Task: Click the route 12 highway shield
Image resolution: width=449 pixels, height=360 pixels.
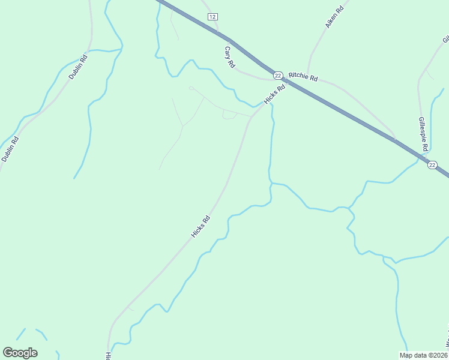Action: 212,17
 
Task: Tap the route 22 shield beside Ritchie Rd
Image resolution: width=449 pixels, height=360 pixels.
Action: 277,75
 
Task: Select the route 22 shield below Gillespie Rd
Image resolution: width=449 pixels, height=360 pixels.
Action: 432,164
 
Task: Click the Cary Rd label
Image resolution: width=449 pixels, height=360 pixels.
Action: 229,57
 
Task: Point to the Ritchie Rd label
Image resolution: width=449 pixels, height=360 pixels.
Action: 303,76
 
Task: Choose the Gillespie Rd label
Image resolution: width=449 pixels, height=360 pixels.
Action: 423,134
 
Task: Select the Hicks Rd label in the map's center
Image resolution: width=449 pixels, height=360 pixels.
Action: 200,226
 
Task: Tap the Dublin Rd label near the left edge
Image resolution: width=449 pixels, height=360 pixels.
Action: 10,149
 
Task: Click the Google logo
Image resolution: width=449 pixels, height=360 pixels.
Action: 20,352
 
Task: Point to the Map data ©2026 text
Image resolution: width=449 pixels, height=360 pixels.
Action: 423,355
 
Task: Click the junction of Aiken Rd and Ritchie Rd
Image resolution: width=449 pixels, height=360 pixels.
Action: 309,72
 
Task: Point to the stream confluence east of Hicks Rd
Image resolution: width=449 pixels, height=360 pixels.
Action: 271,183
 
